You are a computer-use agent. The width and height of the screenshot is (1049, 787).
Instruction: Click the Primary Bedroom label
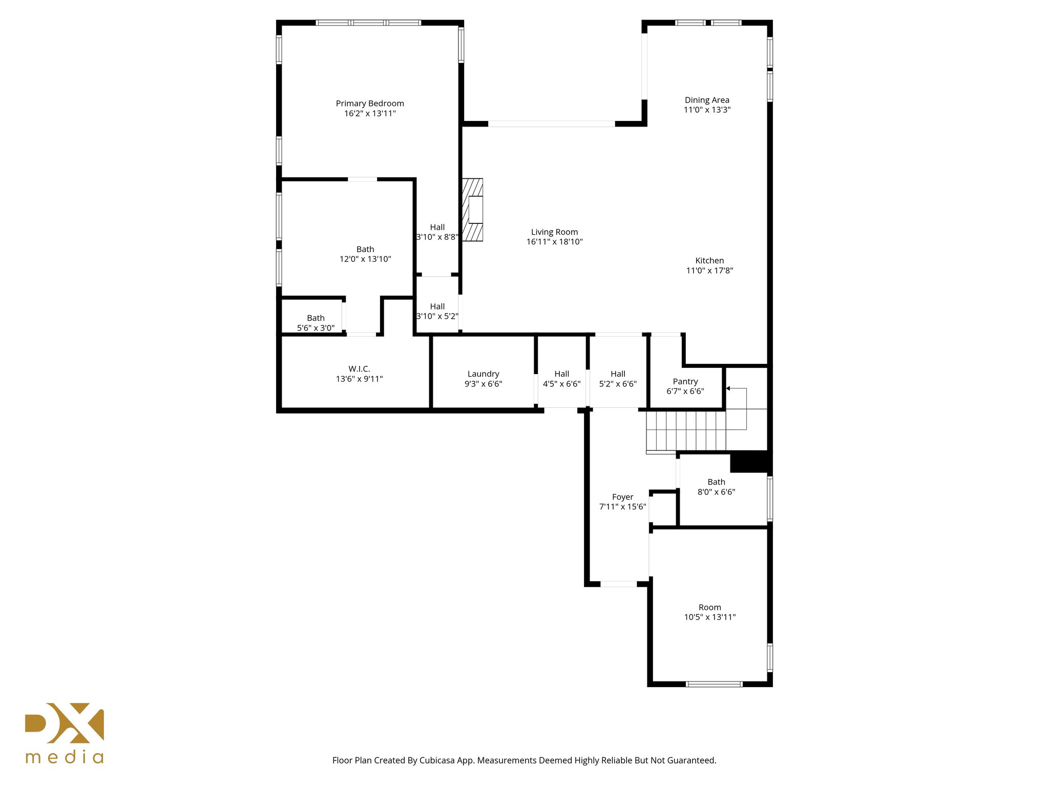[370, 103]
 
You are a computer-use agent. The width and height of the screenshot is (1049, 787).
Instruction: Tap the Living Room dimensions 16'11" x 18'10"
[554, 242]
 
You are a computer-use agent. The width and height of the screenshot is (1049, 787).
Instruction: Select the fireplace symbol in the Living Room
[473, 210]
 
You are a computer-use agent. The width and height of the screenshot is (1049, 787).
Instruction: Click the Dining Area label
[707, 100]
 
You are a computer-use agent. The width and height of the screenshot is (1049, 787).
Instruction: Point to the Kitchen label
[709, 261]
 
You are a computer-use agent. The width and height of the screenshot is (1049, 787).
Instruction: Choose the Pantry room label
[685, 382]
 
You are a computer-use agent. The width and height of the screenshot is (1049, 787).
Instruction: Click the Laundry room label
[483, 374]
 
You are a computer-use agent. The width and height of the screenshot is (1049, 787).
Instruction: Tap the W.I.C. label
[359, 369]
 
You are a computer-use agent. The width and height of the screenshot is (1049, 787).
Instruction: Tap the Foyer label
[622, 497]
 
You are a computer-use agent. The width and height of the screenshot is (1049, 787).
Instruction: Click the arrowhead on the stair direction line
[728, 388]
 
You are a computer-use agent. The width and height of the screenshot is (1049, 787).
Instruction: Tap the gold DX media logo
[65, 733]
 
